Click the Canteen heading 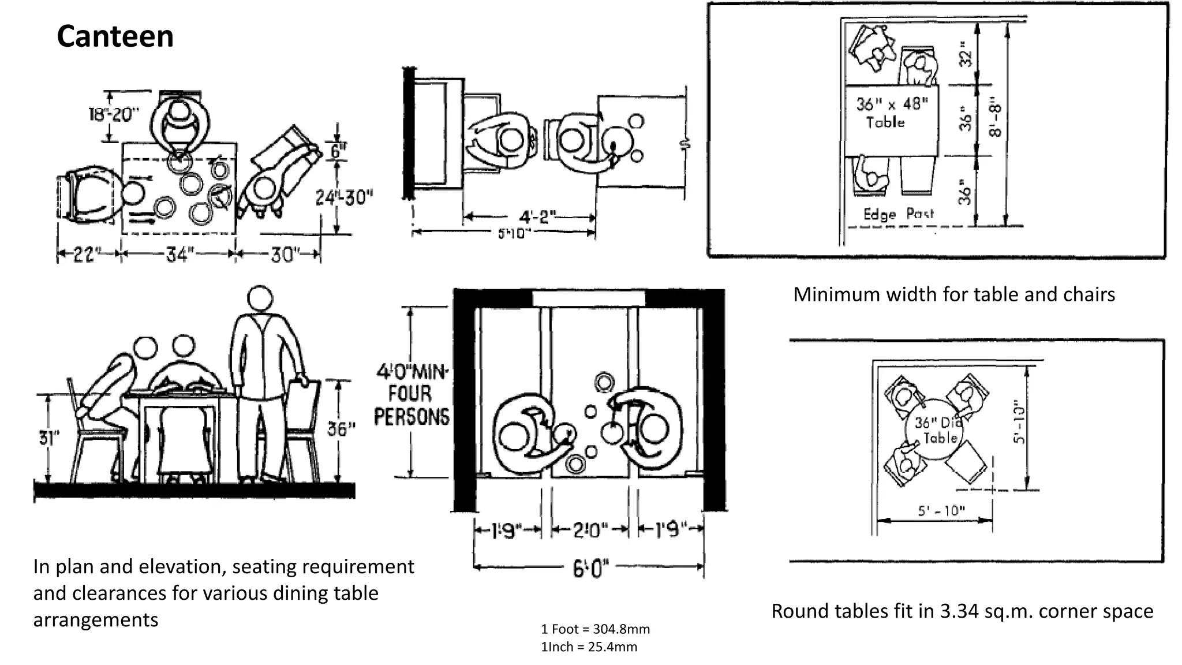click(115, 36)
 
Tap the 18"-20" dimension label click(114, 114)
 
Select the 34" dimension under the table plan click(178, 255)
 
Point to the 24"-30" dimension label click(344, 198)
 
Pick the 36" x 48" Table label click(891, 113)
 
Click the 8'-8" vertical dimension click(996, 120)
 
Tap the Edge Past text click(898, 214)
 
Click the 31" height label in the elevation click(49, 438)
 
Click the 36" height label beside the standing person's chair click(342, 429)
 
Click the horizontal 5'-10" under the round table click(941, 511)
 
